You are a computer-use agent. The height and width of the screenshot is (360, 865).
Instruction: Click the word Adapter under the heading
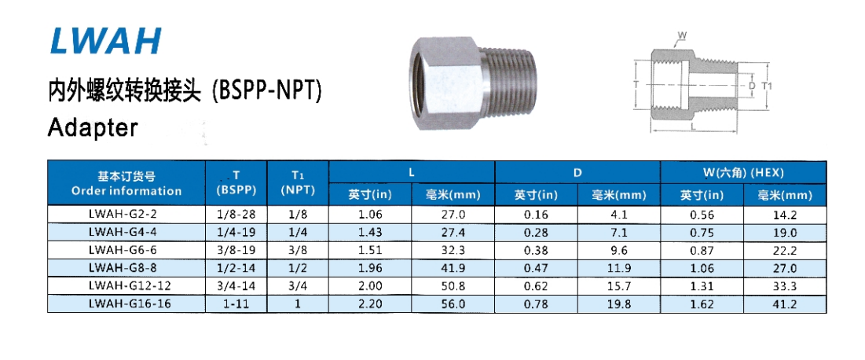pyautogui.click(x=92, y=127)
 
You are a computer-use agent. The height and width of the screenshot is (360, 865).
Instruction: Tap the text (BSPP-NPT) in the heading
pyautogui.click(x=268, y=91)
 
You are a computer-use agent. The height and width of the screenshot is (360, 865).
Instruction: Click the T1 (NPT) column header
pyautogui.click(x=298, y=183)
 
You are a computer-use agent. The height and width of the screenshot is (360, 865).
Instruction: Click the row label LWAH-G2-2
pyautogui.click(x=126, y=215)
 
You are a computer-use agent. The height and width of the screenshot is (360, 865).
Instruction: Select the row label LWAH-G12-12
pyautogui.click(x=126, y=286)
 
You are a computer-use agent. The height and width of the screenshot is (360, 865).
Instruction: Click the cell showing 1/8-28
pyautogui.click(x=236, y=215)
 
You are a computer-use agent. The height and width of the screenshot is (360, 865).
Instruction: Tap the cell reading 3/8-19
pyautogui.click(x=236, y=250)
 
